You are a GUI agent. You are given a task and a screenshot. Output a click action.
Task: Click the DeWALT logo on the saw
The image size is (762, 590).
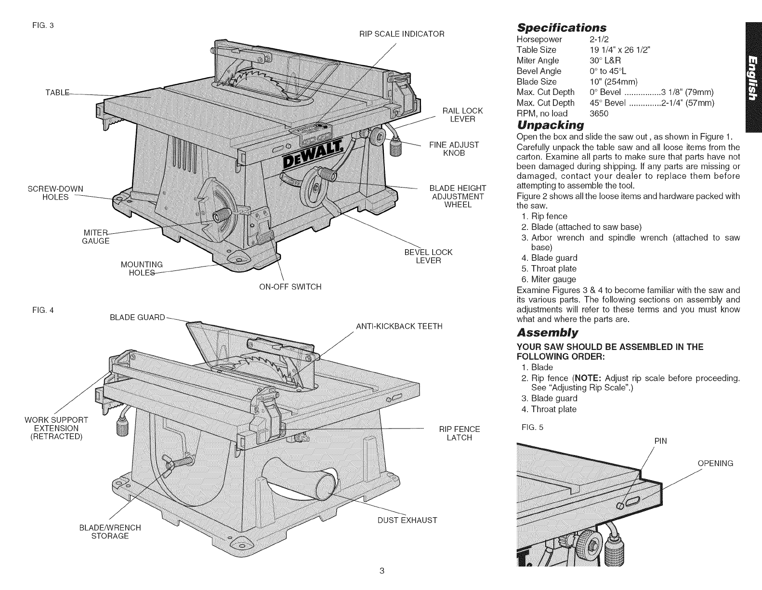click(313, 155)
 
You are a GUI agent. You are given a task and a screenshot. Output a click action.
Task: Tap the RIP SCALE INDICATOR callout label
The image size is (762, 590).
click(402, 34)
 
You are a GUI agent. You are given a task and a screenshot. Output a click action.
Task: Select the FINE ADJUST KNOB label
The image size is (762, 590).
click(454, 149)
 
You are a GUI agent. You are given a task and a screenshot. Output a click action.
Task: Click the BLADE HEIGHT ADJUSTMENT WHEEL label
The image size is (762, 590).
click(458, 197)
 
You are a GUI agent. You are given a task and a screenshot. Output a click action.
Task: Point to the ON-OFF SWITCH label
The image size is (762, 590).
click(290, 287)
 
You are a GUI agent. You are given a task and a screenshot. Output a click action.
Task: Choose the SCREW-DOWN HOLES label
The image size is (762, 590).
click(55, 193)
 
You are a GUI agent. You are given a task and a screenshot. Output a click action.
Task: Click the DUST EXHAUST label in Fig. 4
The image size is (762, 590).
click(407, 520)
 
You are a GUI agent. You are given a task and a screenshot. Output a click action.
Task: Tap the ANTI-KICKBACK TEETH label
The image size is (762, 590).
click(399, 326)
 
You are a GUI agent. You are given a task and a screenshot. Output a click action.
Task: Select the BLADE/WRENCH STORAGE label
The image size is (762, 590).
click(110, 532)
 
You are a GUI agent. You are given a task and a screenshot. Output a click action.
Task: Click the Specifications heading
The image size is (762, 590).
click(562, 27)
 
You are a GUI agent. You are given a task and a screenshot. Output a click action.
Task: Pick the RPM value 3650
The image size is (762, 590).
click(599, 113)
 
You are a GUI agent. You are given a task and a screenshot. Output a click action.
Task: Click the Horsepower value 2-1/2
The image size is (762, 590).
click(599, 39)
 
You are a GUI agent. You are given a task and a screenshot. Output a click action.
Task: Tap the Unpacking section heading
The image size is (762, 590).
click(550, 125)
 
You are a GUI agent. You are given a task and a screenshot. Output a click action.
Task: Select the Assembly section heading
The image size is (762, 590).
click(547, 332)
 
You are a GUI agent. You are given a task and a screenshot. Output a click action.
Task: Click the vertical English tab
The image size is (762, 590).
click(754, 77)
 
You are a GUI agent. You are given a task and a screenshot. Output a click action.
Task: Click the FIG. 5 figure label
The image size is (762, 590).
click(532, 427)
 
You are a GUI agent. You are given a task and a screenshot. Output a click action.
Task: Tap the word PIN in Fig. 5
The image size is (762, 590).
click(661, 441)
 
